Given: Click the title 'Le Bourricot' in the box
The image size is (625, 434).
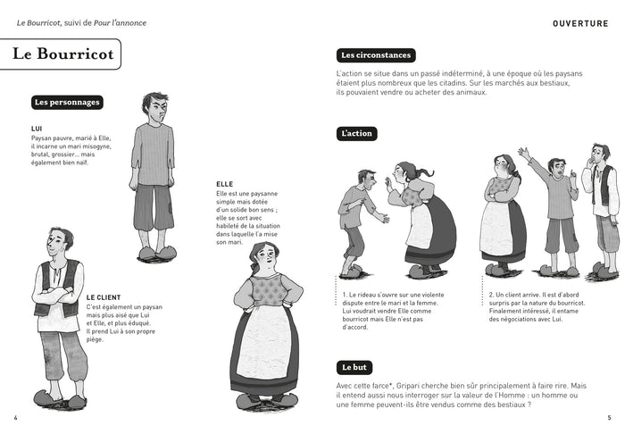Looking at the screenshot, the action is pyautogui.click(x=63, y=54).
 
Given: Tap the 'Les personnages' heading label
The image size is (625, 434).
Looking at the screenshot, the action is pyautogui.click(x=67, y=103).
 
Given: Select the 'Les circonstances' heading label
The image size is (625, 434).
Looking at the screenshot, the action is pyautogui.click(x=376, y=55).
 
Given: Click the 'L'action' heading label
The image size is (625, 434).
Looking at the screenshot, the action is pyautogui.click(x=357, y=134).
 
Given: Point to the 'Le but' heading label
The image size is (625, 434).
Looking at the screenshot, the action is pyautogui.click(x=354, y=367).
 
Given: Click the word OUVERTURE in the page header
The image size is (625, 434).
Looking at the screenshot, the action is pyautogui.click(x=580, y=23).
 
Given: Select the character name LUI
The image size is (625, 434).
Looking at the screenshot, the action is pyautogui.click(x=37, y=129).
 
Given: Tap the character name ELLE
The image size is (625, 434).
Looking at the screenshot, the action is pyautogui.click(x=225, y=184).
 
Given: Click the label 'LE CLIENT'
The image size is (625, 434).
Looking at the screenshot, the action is pyautogui.click(x=104, y=297).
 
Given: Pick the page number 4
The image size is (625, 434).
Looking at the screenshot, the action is pyautogui.click(x=15, y=418).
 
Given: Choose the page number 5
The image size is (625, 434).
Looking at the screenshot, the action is pyautogui.click(x=609, y=418).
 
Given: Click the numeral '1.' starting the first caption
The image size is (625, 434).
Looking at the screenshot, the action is pyautogui.click(x=345, y=295).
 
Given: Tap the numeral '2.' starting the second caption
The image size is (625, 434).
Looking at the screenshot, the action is pyautogui.click(x=492, y=295).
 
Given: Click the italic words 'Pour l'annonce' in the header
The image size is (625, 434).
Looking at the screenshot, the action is pyautogui.click(x=120, y=23).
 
